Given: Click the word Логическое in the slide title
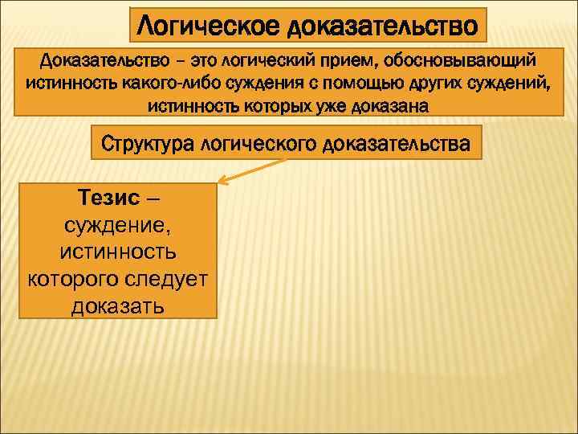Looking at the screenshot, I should (x=210, y=26).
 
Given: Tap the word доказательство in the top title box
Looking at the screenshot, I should (x=385, y=26).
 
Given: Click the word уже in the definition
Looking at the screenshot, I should (x=335, y=105).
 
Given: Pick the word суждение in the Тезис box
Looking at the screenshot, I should (x=118, y=225).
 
